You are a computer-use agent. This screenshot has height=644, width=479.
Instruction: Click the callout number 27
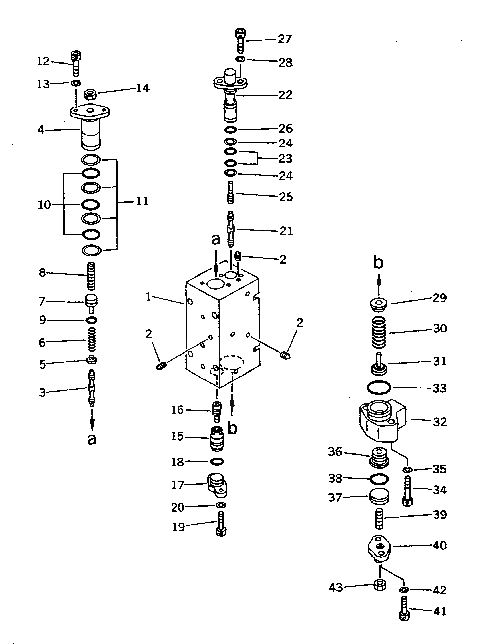tap(285, 39)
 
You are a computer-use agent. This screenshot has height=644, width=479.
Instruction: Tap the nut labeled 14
tap(90, 94)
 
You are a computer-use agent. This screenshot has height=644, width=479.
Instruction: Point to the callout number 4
tap(41, 130)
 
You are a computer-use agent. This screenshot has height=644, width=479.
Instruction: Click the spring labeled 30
tap(379, 332)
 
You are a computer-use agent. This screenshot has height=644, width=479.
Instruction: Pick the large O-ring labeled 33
tap(379, 388)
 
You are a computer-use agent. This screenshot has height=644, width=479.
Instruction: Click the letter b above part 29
tap(378, 263)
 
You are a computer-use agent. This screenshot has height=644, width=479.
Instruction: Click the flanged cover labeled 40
tap(379, 548)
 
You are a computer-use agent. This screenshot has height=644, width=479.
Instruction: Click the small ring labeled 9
tap(91, 320)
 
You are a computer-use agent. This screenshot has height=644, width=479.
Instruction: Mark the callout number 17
tap(178, 485)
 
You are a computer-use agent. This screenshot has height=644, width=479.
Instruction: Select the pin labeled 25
tap(230, 192)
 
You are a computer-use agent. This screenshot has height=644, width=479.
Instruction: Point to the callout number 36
tap(335, 452)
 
